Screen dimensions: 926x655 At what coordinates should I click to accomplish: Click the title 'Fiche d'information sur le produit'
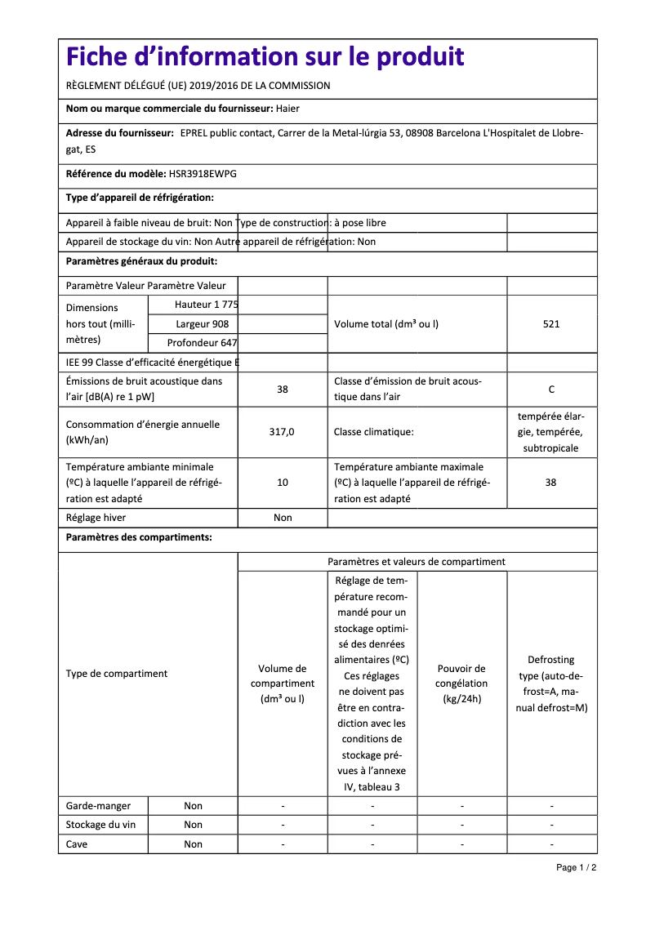[265, 57]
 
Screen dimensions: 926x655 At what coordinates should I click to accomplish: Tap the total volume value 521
[551, 324]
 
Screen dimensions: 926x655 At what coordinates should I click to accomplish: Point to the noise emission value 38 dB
[283, 390]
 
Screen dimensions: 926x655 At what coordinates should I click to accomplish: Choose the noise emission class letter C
[551, 390]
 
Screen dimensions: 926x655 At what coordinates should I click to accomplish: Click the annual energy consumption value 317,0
[282, 432]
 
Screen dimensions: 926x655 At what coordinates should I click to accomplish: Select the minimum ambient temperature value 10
[283, 483]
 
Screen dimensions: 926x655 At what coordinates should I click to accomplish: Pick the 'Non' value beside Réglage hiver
[283, 518]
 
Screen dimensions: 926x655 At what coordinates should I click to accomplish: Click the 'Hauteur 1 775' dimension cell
[206, 305]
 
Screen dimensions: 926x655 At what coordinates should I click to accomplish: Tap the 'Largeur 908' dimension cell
[203, 324]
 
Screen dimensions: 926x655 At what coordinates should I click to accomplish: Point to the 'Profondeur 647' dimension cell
[202, 343]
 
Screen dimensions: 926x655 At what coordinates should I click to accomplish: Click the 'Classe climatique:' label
[373, 432]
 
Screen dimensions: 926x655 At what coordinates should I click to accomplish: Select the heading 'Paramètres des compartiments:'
[139, 537]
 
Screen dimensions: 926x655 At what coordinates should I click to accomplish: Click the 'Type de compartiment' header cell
[117, 674]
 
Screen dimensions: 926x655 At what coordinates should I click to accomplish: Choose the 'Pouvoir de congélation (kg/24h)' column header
[461, 683]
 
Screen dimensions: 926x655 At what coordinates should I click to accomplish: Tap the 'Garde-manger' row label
[94, 806]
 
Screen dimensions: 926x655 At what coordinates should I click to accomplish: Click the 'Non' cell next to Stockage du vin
[193, 825]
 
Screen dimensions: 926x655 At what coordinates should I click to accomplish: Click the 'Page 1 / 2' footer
[576, 867]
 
